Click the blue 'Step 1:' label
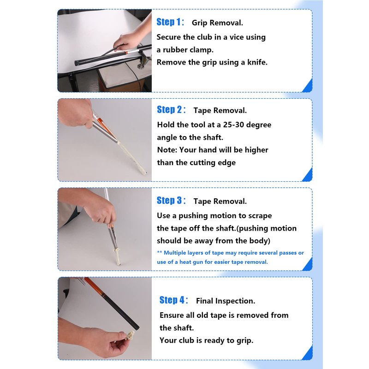coord(170,22)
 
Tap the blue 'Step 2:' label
coord(171,110)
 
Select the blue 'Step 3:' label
coord(171,201)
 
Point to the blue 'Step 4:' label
coord(174,300)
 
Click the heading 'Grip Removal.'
coord(217,23)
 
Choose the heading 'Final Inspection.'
coord(226,301)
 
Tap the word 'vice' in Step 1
coord(237,37)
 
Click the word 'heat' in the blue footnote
coord(185,262)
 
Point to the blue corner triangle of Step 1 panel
coord(308,87)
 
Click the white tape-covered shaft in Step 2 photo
coord(132,157)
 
